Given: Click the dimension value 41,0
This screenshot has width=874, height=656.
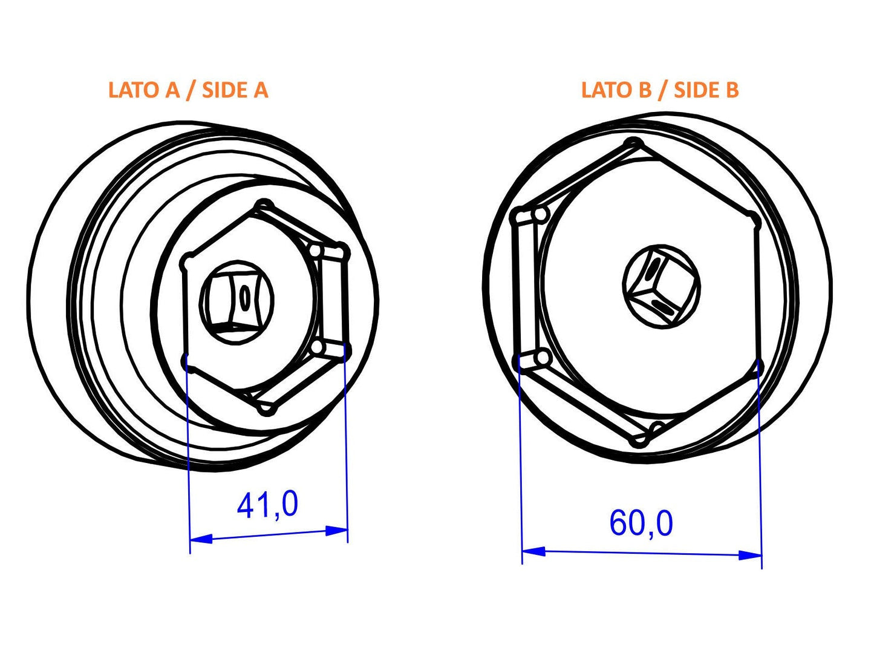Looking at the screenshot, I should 267,505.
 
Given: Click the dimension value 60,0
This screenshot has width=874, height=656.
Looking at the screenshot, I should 641,523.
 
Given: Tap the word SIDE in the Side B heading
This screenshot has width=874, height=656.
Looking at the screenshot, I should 696,90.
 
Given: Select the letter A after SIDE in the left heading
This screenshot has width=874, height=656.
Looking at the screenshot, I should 260,90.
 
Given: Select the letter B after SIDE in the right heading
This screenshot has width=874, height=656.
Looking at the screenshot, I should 731,90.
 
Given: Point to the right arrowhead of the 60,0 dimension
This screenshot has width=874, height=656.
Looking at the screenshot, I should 750,554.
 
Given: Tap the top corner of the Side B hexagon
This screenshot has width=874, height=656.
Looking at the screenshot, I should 633,144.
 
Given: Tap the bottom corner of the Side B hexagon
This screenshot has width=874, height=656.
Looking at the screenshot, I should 639,441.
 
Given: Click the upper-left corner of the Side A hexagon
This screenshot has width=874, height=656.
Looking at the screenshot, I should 188,263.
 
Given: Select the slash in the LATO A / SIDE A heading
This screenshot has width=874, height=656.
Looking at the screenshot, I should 191,90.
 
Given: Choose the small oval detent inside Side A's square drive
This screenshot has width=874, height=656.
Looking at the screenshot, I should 245,298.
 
